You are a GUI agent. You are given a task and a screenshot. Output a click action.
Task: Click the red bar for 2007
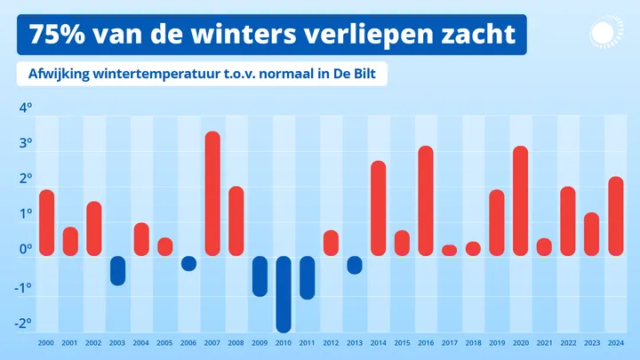pyautogui.click(x=212, y=194)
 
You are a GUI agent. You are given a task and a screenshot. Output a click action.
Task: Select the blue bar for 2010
pyautogui.click(x=284, y=293)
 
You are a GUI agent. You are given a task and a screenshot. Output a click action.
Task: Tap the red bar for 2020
pyautogui.click(x=521, y=201)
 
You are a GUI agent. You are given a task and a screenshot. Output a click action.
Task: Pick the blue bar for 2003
pyautogui.click(x=117, y=270)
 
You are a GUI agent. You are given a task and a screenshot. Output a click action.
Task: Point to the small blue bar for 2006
pyautogui.click(x=188, y=263)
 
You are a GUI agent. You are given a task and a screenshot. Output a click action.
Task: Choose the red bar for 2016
pyautogui.click(x=426, y=201)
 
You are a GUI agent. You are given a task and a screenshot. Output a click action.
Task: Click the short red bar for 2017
pyautogui.click(x=450, y=251)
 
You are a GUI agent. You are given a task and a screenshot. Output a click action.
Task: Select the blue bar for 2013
pyautogui.click(x=355, y=265)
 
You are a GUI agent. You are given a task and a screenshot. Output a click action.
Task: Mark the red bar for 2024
pyautogui.click(x=615, y=216)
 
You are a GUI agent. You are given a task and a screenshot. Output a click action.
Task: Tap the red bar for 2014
pyautogui.click(x=379, y=208)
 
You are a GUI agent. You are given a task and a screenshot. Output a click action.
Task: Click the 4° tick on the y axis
pyautogui.click(x=26, y=108)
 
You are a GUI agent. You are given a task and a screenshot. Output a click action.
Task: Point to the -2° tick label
pyautogui.click(x=24, y=324)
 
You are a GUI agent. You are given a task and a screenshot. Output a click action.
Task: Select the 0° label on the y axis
pyautogui.click(x=26, y=250)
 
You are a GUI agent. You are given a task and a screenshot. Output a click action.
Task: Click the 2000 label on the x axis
pyautogui.click(x=46, y=344)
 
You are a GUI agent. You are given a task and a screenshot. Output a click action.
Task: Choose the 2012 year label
pyautogui.click(x=331, y=344)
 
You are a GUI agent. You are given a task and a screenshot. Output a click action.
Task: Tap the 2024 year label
pyautogui.click(x=615, y=344)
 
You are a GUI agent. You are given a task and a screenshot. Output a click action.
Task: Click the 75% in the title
pyautogui.click(x=61, y=35)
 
